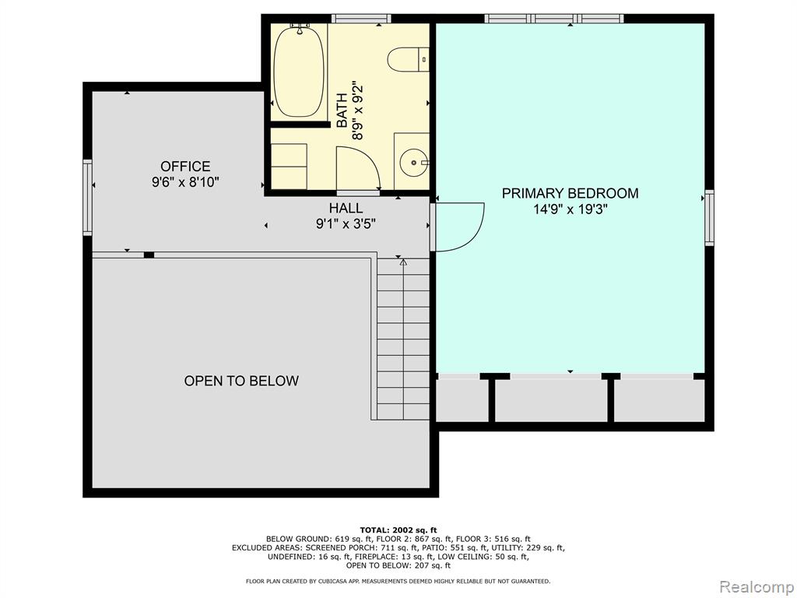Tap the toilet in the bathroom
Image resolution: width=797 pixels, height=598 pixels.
click(408, 60)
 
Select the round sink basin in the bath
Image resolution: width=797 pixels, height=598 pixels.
click(414, 163)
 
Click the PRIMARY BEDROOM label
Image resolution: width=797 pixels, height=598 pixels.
click(570, 193)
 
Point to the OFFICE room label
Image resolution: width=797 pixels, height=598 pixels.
click(185, 167)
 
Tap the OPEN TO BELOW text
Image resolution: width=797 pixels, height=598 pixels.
click(241, 381)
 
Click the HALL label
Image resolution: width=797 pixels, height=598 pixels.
click(346, 208)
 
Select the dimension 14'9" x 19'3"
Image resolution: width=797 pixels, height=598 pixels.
click(571, 209)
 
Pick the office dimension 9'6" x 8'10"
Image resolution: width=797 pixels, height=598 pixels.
click(185, 182)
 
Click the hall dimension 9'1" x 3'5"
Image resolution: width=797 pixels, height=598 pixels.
click(346, 223)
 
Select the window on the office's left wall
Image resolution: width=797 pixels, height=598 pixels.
click(88, 197)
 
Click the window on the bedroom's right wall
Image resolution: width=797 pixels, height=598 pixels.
click(709, 218)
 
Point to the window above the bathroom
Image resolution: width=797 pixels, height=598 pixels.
click(361, 19)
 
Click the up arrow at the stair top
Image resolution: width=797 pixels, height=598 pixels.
click(403, 262)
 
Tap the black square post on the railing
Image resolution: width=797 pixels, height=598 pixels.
click(149, 255)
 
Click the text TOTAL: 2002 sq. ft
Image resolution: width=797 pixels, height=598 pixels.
click(398, 529)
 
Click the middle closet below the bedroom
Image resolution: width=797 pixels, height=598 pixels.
click(551, 399)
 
